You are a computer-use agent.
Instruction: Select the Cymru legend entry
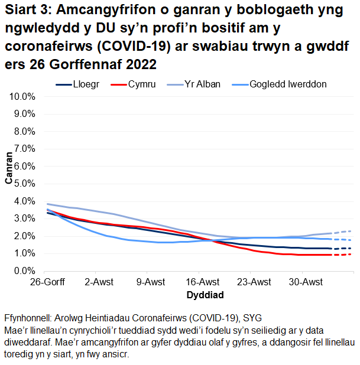[x=142, y=84]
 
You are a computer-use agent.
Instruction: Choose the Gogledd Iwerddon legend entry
[x=288, y=84]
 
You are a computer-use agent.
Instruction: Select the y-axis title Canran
[x=9, y=169]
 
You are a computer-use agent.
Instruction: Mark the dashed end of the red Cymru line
[x=342, y=255]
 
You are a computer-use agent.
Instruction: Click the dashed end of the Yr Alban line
[x=342, y=232]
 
